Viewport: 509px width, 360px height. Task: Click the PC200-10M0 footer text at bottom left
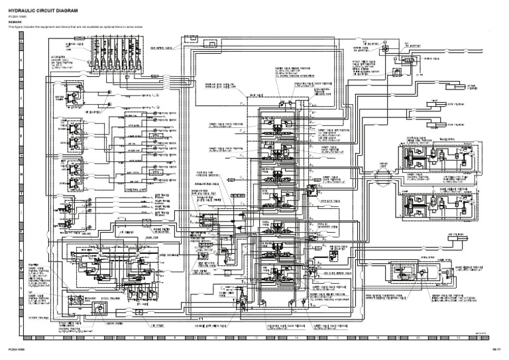pyautogui.click(x=17, y=349)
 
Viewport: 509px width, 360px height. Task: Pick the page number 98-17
pyautogui.click(x=494, y=349)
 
